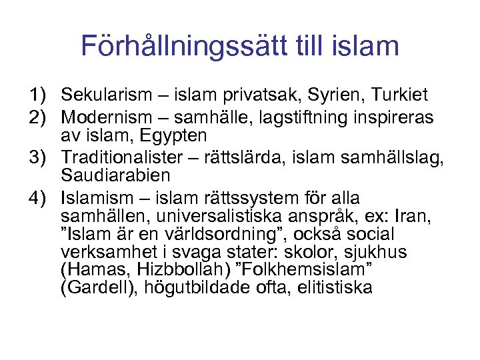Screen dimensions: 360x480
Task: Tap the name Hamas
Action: coord(91,271)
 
